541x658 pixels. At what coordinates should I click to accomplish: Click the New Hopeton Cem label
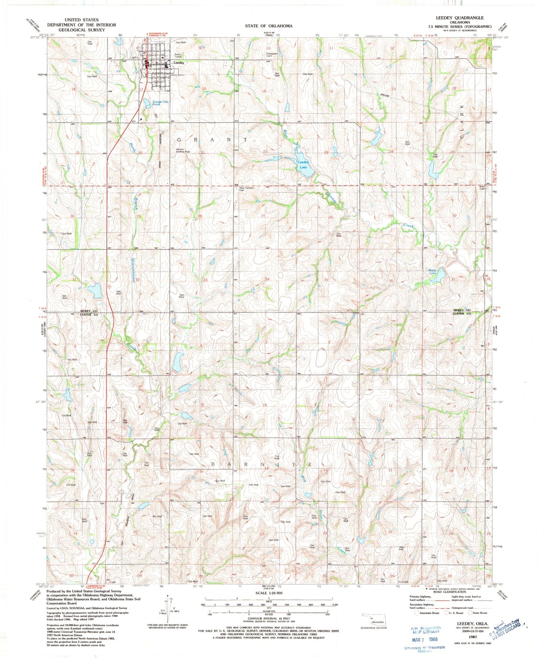[247, 189]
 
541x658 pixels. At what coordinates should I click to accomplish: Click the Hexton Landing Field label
[183, 151]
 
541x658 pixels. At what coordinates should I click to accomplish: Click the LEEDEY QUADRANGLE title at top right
[454, 18]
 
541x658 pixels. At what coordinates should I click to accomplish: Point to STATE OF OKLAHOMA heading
[268, 26]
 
